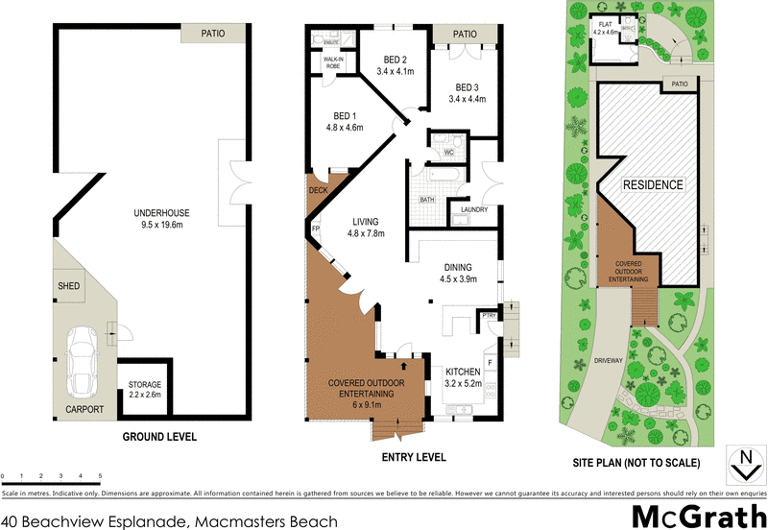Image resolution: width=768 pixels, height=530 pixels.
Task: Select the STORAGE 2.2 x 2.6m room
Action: [145, 389]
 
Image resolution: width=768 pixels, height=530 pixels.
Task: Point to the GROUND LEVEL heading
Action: [159, 436]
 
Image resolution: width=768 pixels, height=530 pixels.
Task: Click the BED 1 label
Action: [341, 121]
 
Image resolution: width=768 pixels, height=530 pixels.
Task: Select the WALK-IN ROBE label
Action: [333, 62]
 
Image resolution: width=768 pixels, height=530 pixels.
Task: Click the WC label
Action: [448, 153]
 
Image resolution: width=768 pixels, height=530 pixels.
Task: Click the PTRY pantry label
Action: [489, 315]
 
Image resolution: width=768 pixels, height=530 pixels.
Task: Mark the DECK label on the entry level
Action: [318, 191]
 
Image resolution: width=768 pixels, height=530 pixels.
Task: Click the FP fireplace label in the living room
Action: [315, 229]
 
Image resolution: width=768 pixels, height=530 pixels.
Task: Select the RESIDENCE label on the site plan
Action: [654, 184]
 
